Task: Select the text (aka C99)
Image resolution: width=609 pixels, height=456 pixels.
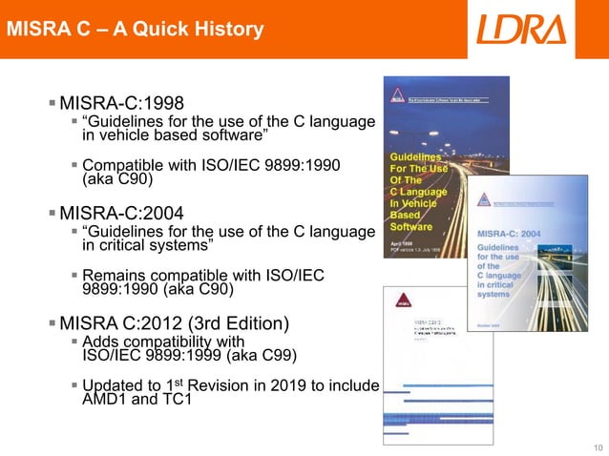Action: point(261,356)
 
